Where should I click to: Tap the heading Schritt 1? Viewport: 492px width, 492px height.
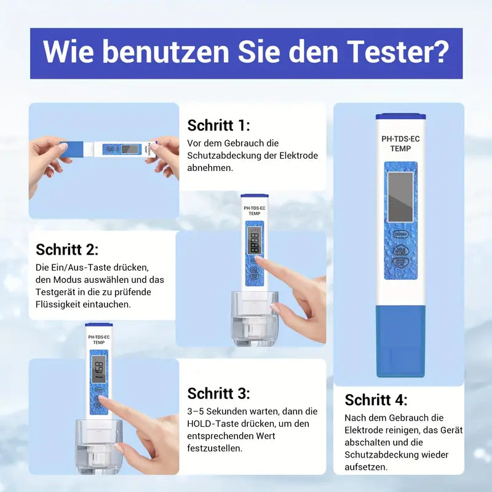(x=218, y=125)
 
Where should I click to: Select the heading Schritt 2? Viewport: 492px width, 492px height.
(x=67, y=249)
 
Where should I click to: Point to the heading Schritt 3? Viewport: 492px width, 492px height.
(x=218, y=394)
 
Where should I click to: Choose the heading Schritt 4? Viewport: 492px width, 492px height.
(x=376, y=400)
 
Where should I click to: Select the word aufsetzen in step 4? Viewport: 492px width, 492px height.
(x=366, y=467)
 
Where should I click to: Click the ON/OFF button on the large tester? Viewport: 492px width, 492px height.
(x=400, y=234)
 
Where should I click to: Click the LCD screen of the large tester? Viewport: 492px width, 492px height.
(x=400, y=197)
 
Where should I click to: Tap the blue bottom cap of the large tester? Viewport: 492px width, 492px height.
(x=400, y=341)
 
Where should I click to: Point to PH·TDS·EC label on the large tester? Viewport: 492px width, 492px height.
(x=400, y=139)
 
